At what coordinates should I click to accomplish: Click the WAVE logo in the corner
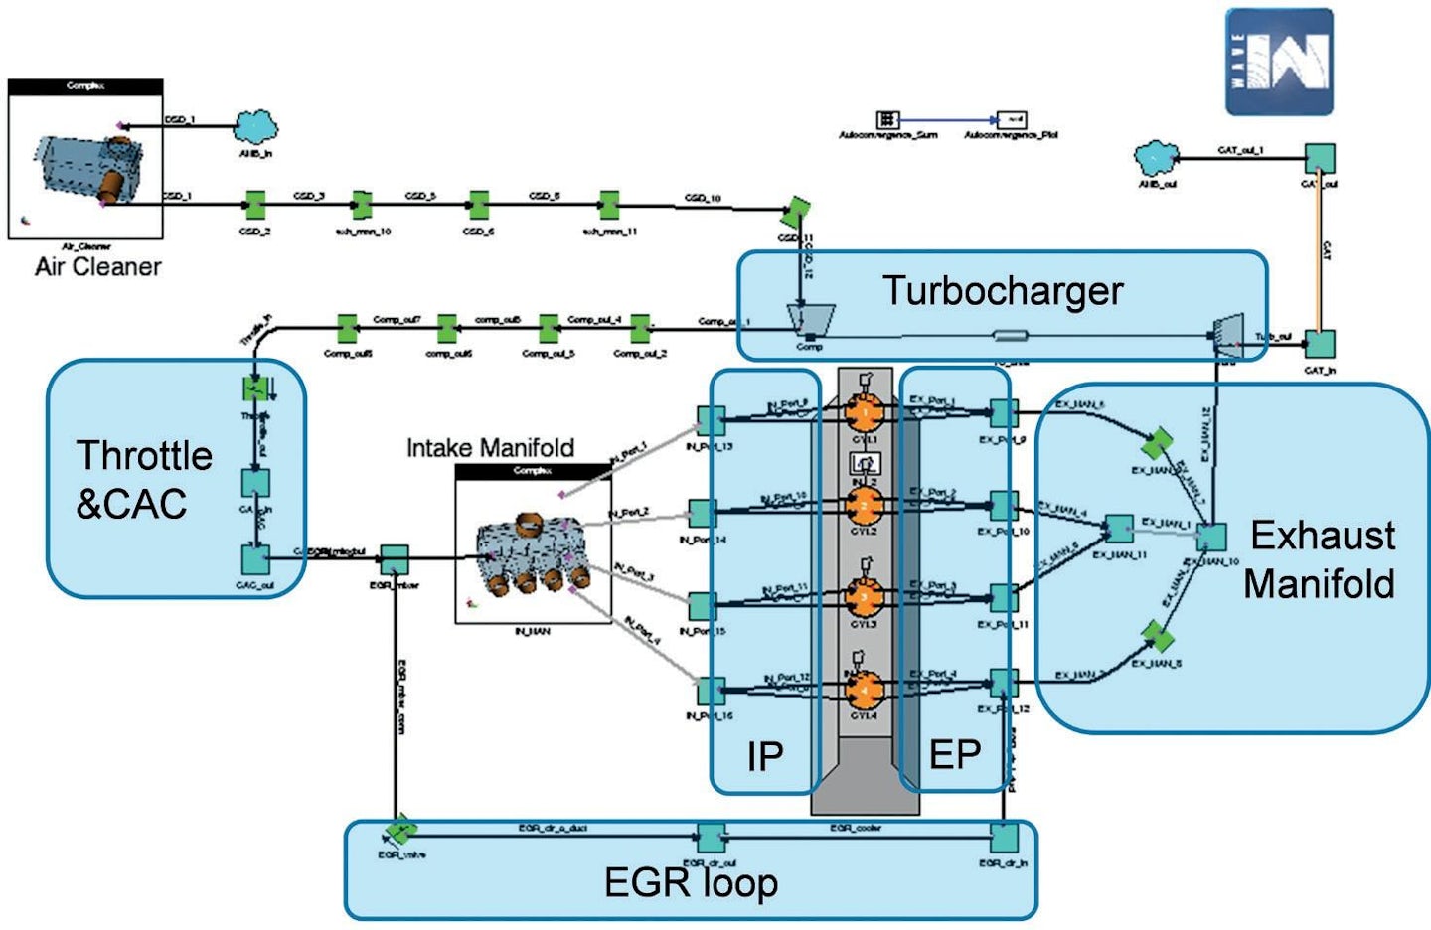1279,62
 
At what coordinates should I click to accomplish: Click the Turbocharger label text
1002,291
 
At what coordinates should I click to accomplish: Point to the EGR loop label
691,882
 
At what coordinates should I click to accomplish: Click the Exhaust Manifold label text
1320,559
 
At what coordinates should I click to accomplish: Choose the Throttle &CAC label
143,479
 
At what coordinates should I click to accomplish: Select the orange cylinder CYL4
864,688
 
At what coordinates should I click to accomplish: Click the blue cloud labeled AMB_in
255,128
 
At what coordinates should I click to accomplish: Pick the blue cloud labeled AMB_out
1157,157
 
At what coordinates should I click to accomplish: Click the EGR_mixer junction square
395,559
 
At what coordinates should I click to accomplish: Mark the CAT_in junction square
1319,344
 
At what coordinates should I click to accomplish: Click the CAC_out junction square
255,558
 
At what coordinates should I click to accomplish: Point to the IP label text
764,757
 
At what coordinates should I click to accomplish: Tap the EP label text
954,755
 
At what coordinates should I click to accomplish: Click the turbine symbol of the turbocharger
1228,335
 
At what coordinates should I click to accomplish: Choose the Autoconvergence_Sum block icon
886,119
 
